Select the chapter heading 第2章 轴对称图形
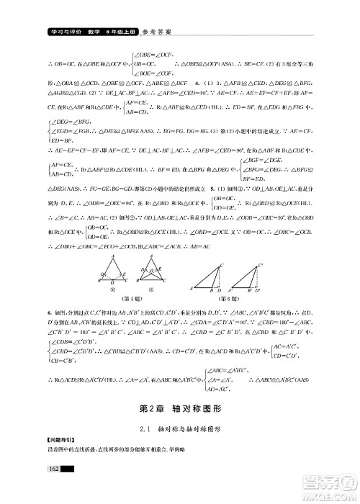coord(179,408)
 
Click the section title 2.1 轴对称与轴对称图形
coord(179,429)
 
